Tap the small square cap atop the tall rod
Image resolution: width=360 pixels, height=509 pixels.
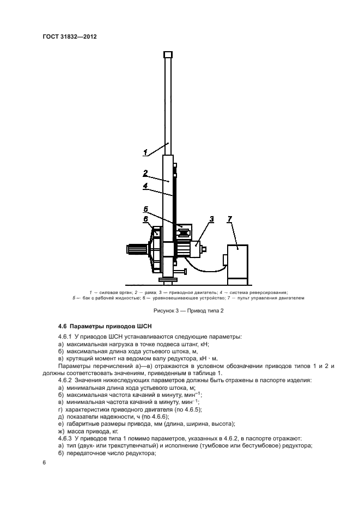click(x=168, y=54)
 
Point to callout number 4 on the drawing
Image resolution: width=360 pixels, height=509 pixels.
click(x=145, y=186)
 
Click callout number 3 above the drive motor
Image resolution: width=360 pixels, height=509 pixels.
click(x=211, y=219)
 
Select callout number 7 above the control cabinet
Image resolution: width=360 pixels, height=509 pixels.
click(x=230, y=219)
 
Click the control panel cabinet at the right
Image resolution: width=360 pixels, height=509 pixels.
click(x=237, y=261)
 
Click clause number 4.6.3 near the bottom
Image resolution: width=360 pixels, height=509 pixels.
click(x=65, y=438)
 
